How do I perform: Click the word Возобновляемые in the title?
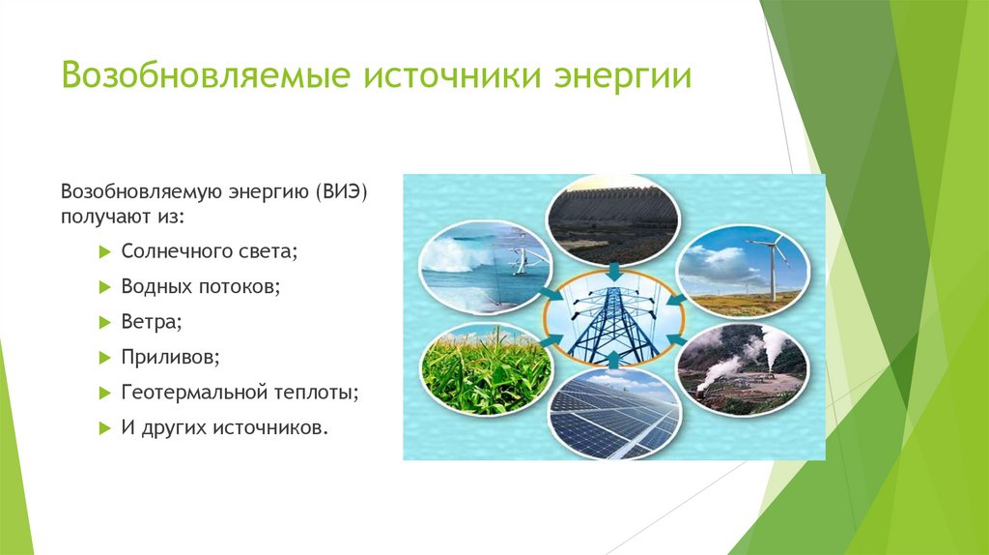pyautogui.click(x=206, y=74)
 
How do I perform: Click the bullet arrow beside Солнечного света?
pyautogui.click(x=104, y=252)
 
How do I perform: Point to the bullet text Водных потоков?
pyautogui.click(x=201, y=286)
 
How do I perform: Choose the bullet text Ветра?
pyautogui.click(x=152, y=321)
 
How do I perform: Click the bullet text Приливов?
pyautogui.click(x=170, y=357)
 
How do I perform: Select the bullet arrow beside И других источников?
pyautogui.click(x=104, y=428)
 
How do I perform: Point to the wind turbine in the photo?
pyautogui.click(x=772, y=264)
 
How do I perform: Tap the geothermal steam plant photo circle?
pyautogui.click(x=743, y=368)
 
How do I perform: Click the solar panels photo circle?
pyautogui.click(x=613, y=414)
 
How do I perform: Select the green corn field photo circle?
pyautogui.click(x=485, y=368)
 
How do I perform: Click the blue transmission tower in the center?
pyautogui.click(x=613, y=320)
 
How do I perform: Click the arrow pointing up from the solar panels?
pyautogui.click(x=613, y=360)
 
